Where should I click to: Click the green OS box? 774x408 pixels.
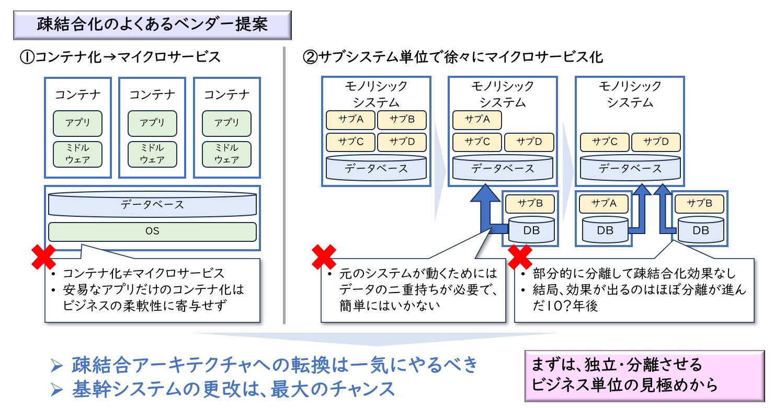[x=152, y=231]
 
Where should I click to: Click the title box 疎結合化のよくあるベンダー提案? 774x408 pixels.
[x=152, y=25]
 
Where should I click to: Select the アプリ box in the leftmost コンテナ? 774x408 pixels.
[x=78, y=123]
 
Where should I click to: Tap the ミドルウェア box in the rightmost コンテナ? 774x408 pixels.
[x=226, y=154]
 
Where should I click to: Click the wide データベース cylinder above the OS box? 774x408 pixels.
[x=152, y=204]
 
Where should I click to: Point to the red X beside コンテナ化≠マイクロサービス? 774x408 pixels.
[x=43, y=257]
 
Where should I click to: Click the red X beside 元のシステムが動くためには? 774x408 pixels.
[x=324, y=257]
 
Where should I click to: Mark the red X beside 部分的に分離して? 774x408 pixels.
[x=520, y=257]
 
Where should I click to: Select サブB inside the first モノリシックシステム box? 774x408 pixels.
[x=402, y=120]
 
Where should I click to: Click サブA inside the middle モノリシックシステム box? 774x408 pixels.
[x=477, y=120]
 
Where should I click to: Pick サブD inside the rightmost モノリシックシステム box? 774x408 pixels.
[x=656, y=142]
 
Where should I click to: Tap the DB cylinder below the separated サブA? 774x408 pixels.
[x=605, y=229]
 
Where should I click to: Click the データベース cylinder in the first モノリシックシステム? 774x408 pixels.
[x=377, y=168]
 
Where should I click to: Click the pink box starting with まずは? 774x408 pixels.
[x=645, y=376]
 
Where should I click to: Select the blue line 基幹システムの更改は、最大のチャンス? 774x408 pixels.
[x=233, y=389]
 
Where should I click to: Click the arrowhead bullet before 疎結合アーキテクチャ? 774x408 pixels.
[x=56, y=366]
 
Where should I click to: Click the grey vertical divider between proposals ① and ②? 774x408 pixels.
[x=284, y=185]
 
